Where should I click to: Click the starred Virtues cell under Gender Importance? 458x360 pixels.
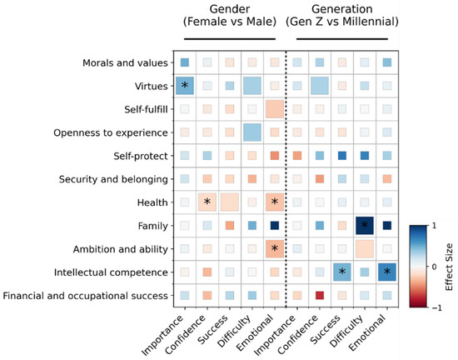click(184, 86)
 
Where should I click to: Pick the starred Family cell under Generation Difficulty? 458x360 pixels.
click(364, 225)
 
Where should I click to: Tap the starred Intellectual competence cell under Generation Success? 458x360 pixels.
click(341, 272)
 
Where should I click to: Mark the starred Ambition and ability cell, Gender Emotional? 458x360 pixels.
click(275, 248)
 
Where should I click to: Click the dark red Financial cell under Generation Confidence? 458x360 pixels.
click(318, 295)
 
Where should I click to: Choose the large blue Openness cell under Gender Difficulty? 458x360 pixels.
click(252, 132)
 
